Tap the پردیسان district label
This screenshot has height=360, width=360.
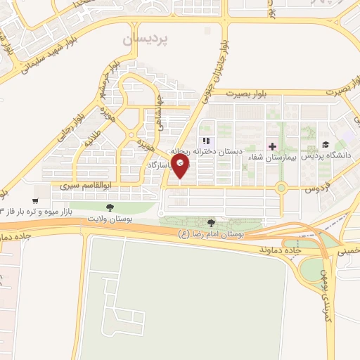pyautogui.click(x=152, y=41)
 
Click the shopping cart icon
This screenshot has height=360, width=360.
pyautogui.click(x=34, y=200)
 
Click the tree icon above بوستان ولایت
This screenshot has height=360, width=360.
pyautogui.click(x=109, y=206)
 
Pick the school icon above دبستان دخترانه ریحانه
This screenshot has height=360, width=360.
pyautogui.click(x=207, y=140)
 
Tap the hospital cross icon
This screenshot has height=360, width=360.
pyautogui.click(x=273, y=147)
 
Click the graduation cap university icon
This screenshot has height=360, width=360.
pyautogui.click(x=326, y=145)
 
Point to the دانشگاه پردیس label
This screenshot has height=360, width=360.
pyautogui.click(x=332, y=156)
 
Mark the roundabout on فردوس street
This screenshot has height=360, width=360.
pyautogui.click(x=281, y=188)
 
